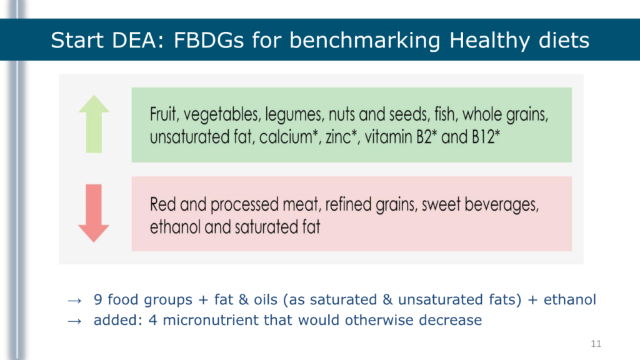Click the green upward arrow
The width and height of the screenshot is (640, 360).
tap(94, 124)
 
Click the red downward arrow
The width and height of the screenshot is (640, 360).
tap(94, 213)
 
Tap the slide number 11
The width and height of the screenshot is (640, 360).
tap(596, 344)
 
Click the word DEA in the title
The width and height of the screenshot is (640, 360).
tap(137, 40)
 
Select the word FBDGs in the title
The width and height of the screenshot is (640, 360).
tap(209, 40)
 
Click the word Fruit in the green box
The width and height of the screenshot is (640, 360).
tap(164, 114)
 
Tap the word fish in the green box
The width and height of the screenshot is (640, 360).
tap(445, 114)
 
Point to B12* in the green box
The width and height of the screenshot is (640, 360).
tap(486, 137)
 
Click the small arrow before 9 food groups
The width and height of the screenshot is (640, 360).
tap(75, 301)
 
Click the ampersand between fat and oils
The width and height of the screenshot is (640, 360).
tap(244, 299)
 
